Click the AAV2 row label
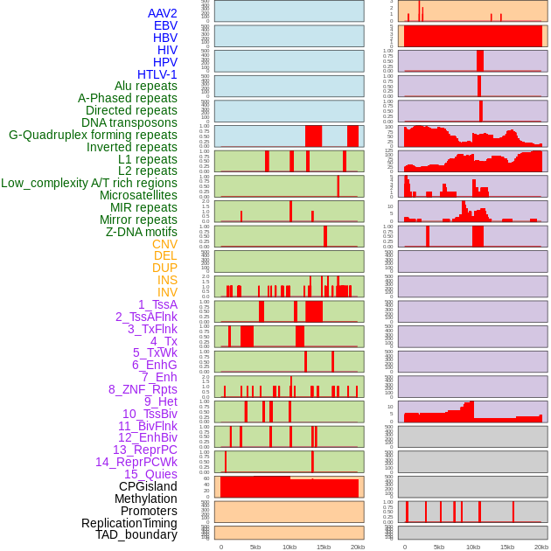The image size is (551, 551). click(162, 13)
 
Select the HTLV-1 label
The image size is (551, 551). click(157, 74)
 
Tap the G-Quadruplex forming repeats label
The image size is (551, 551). click(93, 135)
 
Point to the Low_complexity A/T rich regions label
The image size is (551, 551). click(89, 183)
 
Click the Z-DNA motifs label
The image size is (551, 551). click(142, 232)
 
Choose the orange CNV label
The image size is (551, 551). click(164, 244)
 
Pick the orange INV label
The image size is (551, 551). click(167, 292)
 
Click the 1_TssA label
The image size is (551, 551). click(157, 304)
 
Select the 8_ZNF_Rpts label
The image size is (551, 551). click(143, 389)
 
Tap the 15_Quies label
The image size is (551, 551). click(150, 474)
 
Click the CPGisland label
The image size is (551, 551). click(148, 486)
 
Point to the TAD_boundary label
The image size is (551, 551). click(136, 534)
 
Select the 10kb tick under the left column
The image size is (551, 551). click(289, 547)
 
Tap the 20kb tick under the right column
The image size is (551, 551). click(541, 547)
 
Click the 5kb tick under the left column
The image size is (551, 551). click(255, 547)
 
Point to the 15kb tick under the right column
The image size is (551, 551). click(507, 547)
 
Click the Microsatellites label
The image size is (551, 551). click(138, 195)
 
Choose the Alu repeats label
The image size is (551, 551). click(146, 86)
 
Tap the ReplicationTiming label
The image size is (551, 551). click(129, 523)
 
